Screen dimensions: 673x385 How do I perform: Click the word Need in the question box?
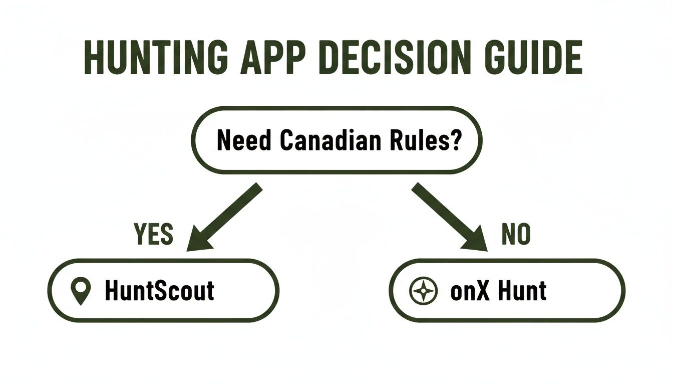pos(244,140)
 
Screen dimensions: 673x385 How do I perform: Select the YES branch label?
pos(154,234)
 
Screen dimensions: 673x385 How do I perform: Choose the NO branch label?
pos(516,234)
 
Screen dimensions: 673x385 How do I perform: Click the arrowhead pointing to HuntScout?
pos(199,239)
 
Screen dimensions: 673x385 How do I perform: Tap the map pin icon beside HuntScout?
pos(81,291)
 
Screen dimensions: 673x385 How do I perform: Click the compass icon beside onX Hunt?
pos(424,291)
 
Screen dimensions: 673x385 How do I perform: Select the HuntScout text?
pos(160,291)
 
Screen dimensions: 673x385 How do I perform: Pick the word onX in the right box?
pos(470,291)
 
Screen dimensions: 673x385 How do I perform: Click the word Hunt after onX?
pos(522,291)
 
